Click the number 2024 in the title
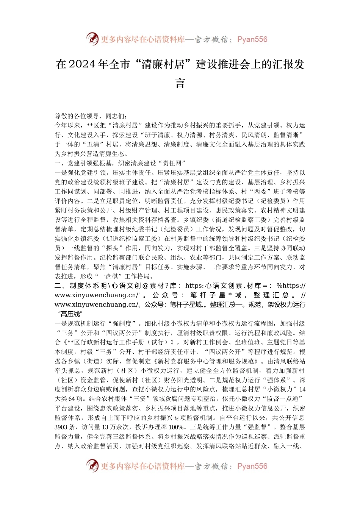point(82,65)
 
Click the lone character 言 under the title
point(180,83)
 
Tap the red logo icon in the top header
point(92,39)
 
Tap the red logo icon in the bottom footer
point(92,466)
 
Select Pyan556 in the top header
point(252,39)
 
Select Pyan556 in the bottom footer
point(252,466)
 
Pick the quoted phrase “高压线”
point(70,314)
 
